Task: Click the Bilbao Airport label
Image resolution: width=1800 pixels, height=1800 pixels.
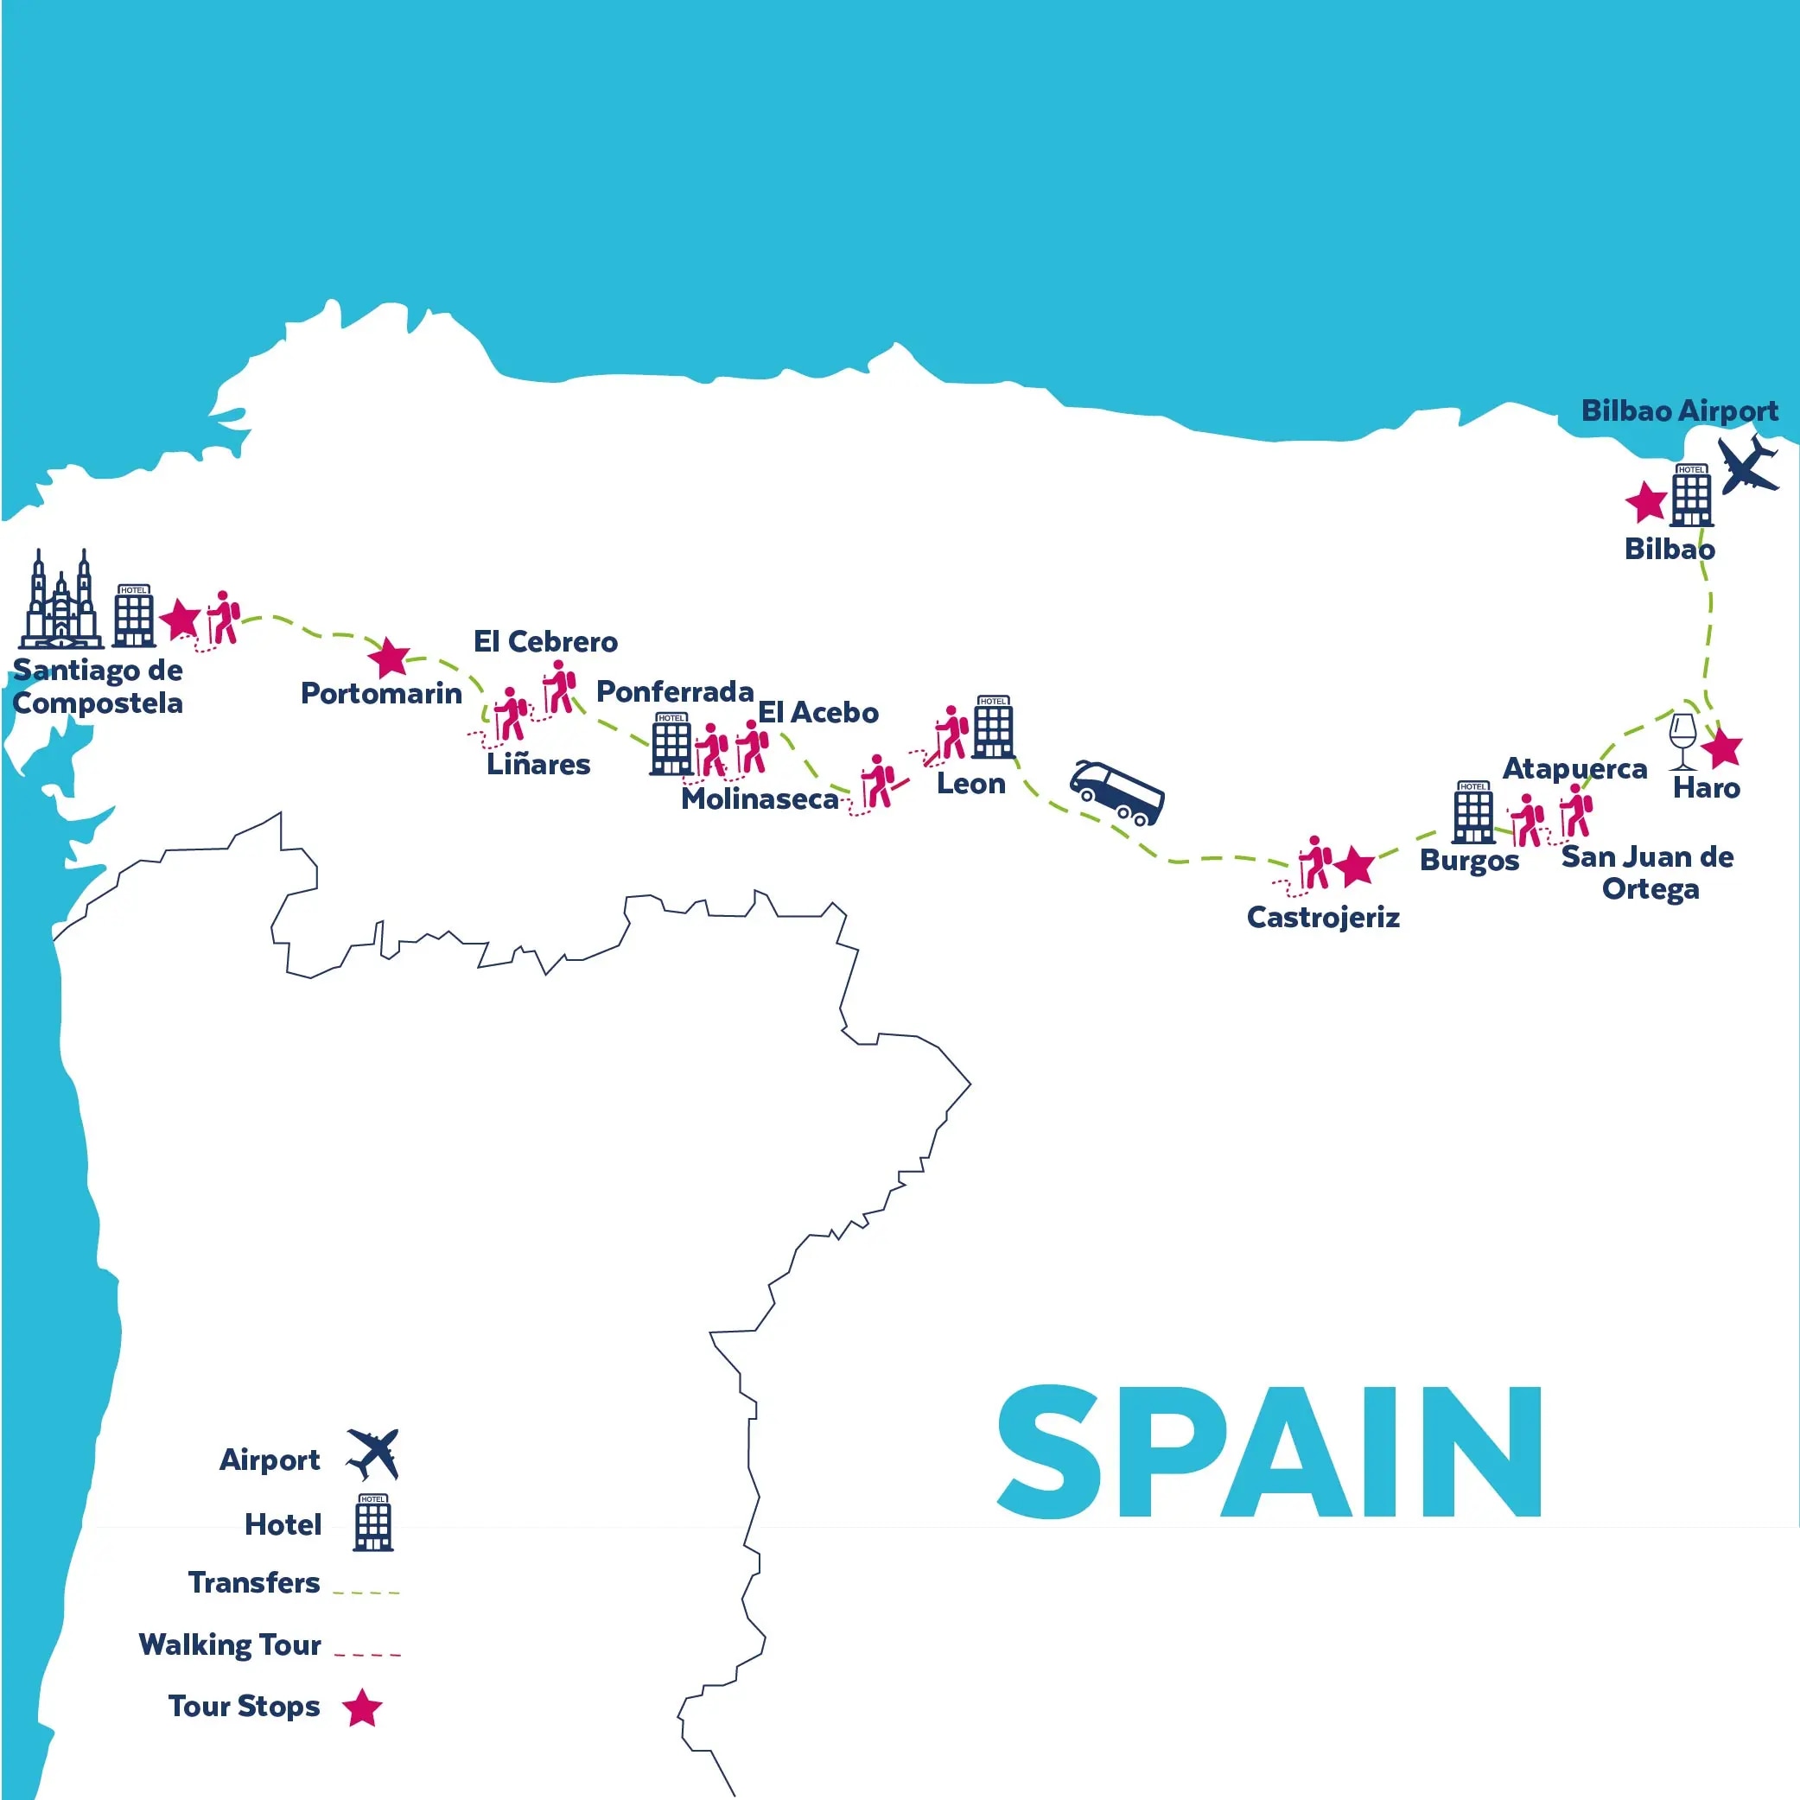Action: tap(1679, 410)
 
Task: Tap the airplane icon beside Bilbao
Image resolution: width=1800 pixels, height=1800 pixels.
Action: tap(1748, 464)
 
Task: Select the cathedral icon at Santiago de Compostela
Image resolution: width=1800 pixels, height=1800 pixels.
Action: tap(61, 600)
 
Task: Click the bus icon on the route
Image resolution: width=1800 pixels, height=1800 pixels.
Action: tap(1116, 794)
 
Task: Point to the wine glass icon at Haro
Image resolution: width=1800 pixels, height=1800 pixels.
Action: tap(1682, 741)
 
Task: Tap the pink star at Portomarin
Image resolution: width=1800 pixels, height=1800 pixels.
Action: tap(389, 658)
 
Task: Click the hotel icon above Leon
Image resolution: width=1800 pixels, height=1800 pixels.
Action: tap(993, 727)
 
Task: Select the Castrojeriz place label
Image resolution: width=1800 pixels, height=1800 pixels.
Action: tap(1323, 918)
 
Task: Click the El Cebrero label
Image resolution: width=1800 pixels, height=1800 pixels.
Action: tap(545, 642)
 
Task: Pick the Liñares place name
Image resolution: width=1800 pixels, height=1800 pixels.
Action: tap(538, 765)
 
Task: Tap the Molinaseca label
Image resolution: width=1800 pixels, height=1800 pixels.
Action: tap(760, 799)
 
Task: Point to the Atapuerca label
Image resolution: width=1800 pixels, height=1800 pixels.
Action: tap(1574, 768)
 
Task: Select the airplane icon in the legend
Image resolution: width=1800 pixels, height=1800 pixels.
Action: tap(373, 1453)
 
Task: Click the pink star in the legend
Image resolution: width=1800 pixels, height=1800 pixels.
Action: tap(361, 1708)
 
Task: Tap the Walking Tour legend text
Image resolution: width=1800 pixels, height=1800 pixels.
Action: tap(229, 1644)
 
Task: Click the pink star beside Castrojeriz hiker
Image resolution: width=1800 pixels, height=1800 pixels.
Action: tap(1355, 867)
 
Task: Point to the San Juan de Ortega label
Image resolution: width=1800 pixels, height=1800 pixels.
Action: tap(1647, 872)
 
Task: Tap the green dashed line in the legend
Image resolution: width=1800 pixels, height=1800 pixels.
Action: tap(366, 1593)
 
